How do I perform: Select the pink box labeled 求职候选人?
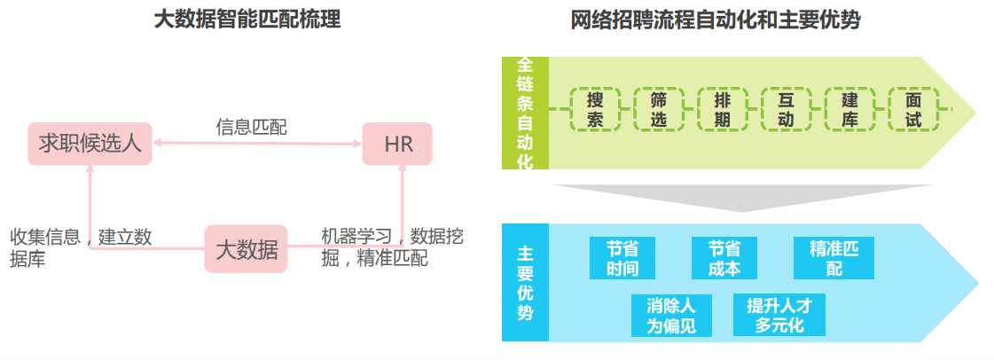pos(90,144)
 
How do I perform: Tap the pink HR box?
pos(398,144)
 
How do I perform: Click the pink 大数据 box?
pos(247,249)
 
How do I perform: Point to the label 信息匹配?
pos(251,127)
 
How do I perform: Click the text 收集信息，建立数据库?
pos(81,247)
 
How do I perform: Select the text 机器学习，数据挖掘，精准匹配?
pos(391,247)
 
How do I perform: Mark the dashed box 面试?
pos(913,109)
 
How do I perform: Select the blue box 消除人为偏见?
pos(671,315)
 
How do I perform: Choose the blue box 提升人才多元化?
pos(779,315)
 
